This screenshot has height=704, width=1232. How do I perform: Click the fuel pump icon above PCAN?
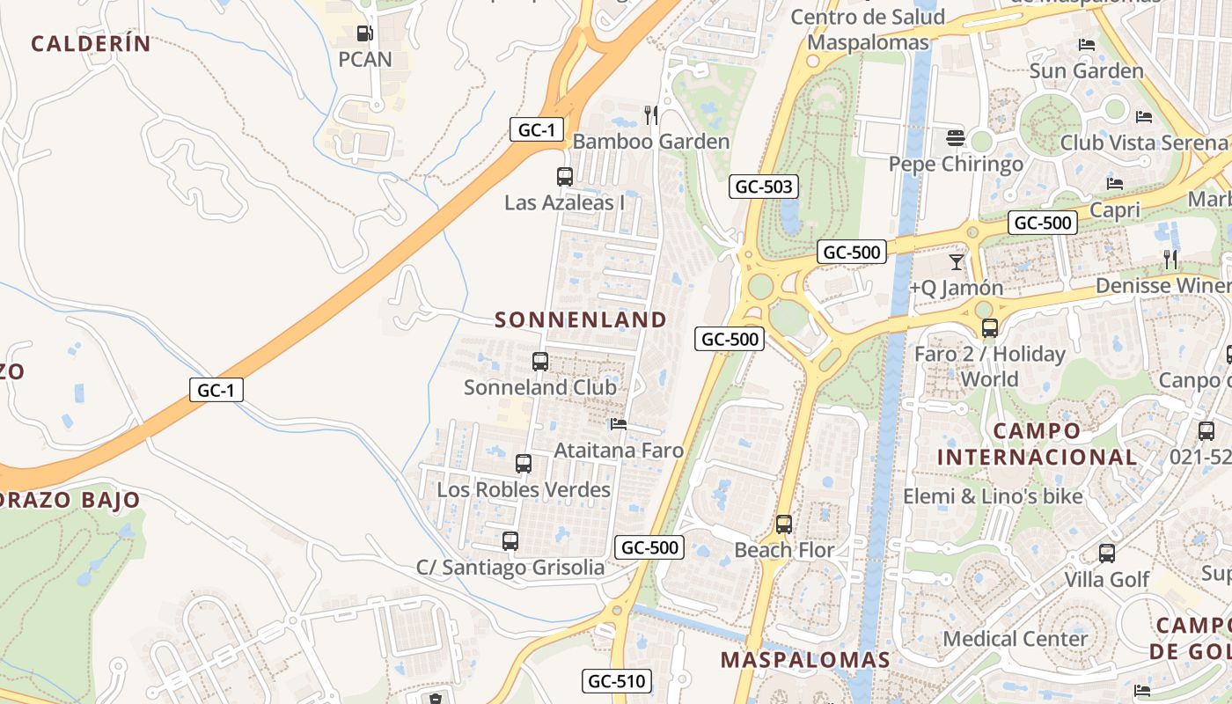coord(364,34)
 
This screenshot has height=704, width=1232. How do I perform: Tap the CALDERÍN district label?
coord(91,43)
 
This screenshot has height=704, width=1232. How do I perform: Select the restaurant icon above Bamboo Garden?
coord(651,114)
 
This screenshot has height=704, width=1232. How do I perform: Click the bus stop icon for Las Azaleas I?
coord(565,176)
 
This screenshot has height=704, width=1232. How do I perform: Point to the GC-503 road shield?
coord(764,187)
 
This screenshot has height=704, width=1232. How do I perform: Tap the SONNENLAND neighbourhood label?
coord(581,319)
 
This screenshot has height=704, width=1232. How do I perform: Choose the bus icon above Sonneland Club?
coord(540,361)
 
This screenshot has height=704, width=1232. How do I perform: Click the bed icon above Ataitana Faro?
coord(619,424)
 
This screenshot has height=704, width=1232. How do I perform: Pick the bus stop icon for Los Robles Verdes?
coord(524,463)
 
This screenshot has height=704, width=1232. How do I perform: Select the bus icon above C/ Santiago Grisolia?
coord(510,540)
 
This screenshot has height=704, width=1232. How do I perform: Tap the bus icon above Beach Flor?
coord(784,524)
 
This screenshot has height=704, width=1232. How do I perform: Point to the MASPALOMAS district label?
coord(805,659)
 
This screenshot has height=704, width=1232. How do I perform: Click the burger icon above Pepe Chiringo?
coord(956,137)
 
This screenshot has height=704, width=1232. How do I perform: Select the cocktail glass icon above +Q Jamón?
coord(957,261)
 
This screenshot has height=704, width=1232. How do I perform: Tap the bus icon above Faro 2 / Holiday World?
coord(990,328)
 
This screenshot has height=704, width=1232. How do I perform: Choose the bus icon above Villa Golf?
coord(1107,554)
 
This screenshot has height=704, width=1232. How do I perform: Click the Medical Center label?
coord(1016,638)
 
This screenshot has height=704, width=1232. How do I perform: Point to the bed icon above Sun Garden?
coord(1087,44)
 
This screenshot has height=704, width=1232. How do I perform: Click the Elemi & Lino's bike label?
coord(993,496)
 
